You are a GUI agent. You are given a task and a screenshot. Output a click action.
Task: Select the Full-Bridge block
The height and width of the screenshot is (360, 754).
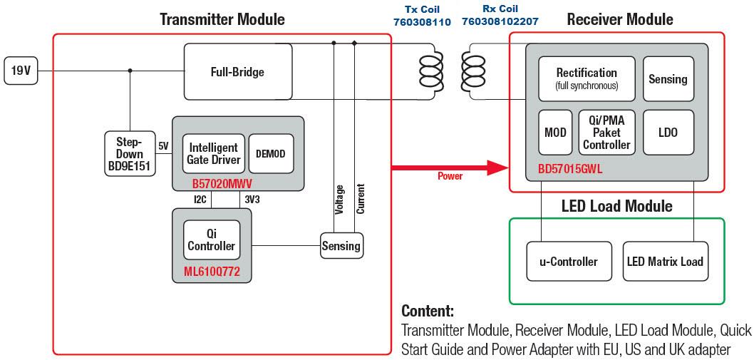pyautogui.click(x=237, y=72)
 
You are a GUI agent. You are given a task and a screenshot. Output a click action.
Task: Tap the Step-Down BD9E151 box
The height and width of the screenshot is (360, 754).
pyautogui.click(x=130, y=154)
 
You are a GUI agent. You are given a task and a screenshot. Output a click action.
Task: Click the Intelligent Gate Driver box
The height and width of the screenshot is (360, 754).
pyautogui.click(x=214, y=153)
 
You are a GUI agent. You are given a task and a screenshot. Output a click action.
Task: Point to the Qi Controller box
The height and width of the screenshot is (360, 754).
pyautogui.click(x=211, y=240)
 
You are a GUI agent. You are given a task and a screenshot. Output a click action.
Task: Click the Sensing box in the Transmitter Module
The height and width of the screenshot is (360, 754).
pyautogui.click(x=341, y=247)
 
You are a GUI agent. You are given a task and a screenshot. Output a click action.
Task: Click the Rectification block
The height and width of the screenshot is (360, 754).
pyautogui.click(x=586, y=78)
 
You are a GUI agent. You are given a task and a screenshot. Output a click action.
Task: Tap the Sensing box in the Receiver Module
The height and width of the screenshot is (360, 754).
pyautogui.click(x=668, y=78)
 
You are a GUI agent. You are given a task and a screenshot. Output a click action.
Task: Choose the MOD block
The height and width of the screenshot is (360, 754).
pyautogui.click(x=555, y=133)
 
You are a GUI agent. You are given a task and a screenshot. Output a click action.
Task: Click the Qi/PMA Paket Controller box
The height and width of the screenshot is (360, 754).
pyautogui.click(x=606, y=133)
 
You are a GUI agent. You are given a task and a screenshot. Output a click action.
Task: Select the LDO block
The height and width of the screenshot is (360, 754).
pyautogui.click(x=668, y=133)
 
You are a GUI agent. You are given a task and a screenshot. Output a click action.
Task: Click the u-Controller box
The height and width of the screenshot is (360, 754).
pyautogui.click(x=568, y=262)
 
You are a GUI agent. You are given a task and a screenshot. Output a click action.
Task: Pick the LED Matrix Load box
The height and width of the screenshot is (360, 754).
pyautogui.click(x=665, y=261)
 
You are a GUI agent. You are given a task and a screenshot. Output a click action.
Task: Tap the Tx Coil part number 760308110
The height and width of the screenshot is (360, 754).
pyautogui.click(x=422, y=22)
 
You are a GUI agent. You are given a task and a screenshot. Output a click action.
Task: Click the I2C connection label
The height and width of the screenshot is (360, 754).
pyautogui.click(x=201, y=200)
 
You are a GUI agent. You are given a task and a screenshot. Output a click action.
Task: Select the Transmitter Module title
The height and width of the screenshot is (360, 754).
pyautogui.click(x=222, y=19)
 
